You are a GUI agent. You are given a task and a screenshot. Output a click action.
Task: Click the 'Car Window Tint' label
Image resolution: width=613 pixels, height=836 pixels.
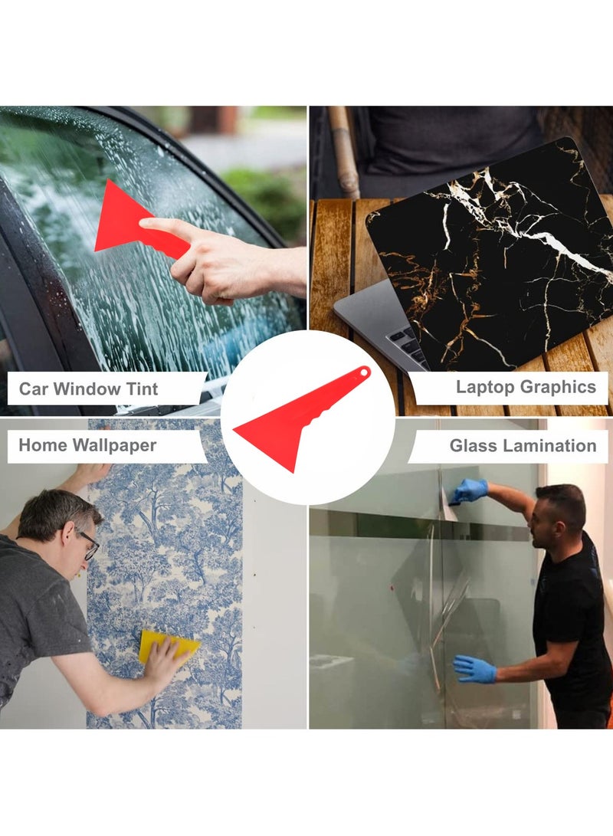(88, 388)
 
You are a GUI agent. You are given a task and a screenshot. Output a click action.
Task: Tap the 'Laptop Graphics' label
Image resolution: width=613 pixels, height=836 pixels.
(526, 387)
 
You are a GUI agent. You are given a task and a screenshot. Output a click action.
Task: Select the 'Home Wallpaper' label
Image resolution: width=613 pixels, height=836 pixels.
(87, 445)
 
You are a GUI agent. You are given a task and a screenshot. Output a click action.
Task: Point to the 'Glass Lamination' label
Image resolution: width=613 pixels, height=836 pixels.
(523, 445)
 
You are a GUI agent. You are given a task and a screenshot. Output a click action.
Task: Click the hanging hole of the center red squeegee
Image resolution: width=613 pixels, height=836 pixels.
(362, 372)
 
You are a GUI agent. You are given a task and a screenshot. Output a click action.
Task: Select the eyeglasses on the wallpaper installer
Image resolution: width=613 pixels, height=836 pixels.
(89, 545)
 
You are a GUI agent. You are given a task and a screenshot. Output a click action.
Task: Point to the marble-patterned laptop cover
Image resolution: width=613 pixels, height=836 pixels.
(498, 253)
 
